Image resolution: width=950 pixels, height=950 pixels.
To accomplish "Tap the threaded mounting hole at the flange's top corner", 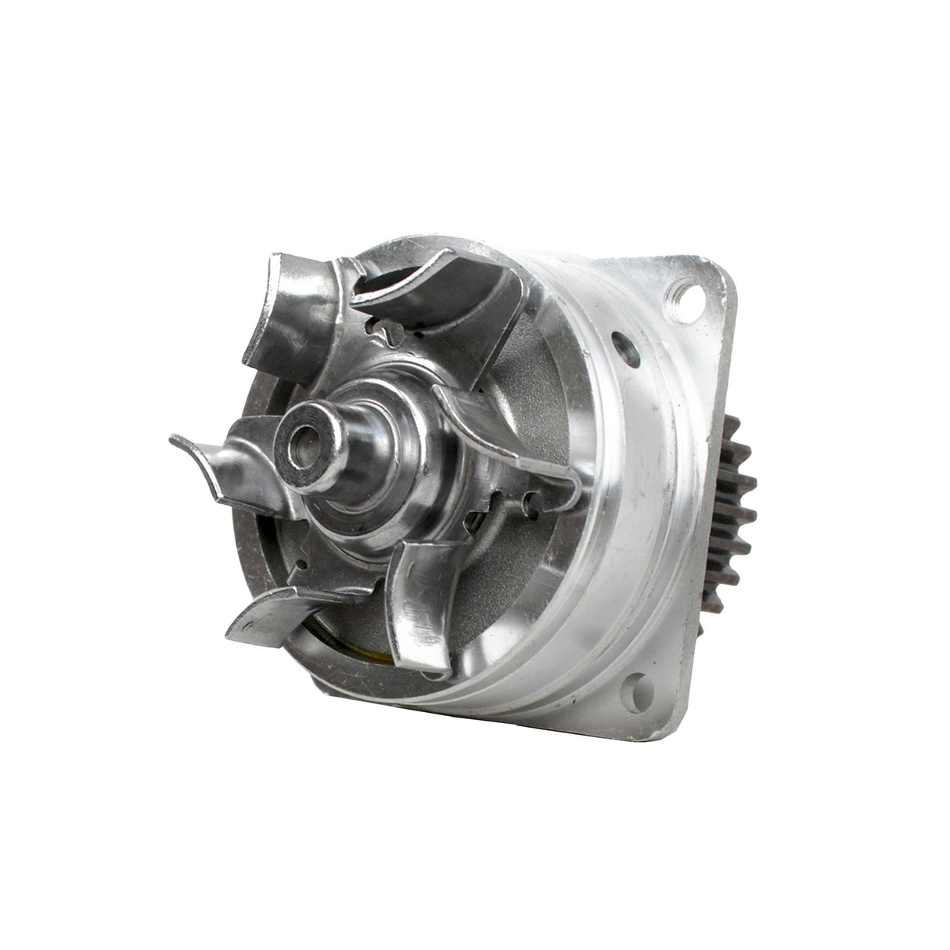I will pos(689,298).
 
